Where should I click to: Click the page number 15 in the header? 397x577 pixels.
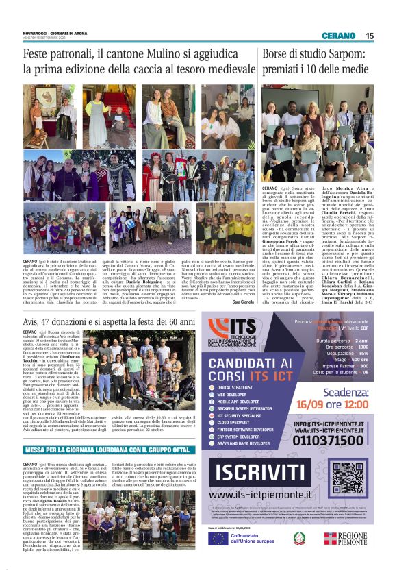[x=370, y=35]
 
